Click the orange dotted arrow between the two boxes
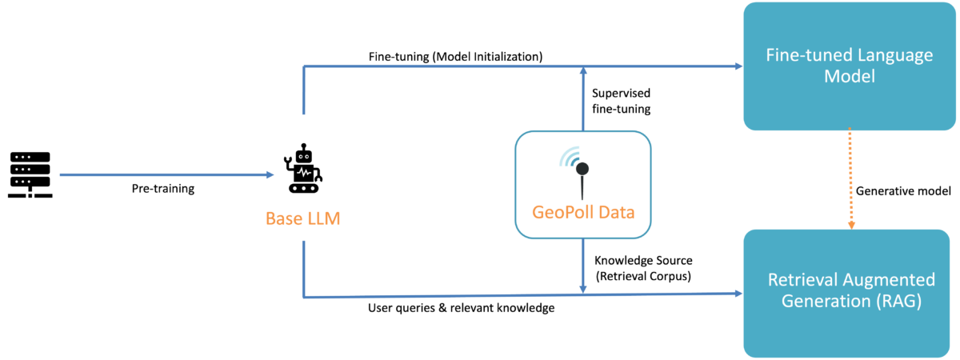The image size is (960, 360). [851, 180]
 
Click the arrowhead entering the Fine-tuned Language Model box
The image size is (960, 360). [738, 66]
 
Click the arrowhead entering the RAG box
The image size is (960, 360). [737, 294]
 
